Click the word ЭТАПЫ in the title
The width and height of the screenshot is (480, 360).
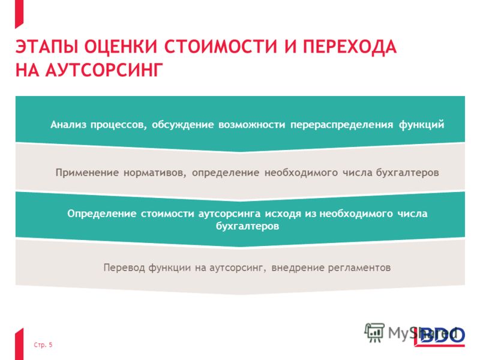click(47, 47)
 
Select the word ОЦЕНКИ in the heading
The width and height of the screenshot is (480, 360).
click(121, 47)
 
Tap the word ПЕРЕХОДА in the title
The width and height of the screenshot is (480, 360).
click(350, 47)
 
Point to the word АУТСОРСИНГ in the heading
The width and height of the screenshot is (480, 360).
click(104, 70)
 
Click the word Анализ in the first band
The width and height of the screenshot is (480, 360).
click(68, 125)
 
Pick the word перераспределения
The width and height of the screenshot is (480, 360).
click(341, 125)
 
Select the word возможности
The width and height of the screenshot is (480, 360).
click(251, 125)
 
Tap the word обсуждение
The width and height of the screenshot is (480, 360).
click(183, 125)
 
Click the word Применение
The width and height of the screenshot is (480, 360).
click(87, 173)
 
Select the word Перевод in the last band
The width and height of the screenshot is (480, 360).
click(124, 268)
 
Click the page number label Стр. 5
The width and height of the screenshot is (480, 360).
click(43, 345)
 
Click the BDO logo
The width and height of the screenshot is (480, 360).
click(440, 337)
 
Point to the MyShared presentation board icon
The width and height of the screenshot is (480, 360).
click(374, 333)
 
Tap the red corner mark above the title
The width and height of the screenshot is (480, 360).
click(19, 13)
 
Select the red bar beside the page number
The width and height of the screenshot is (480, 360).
click(19, 344)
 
